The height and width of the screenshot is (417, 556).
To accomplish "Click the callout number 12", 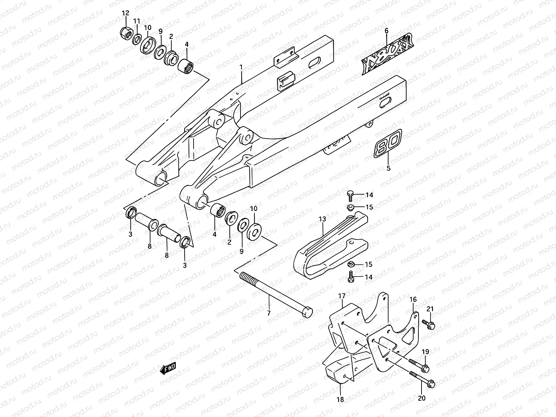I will click(x=125, y=13).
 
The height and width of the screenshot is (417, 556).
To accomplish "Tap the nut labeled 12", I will click(x=126, y=34).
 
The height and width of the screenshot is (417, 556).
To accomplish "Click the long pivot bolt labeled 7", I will click(x=275, y=293).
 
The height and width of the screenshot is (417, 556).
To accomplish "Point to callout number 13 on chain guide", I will click(x=322, y=219).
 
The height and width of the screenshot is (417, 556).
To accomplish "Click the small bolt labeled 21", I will click(x=429, y=325).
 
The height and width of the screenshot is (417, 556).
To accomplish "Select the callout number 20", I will click(x=422, y=398).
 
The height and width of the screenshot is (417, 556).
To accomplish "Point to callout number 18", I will click(x=341, y=400).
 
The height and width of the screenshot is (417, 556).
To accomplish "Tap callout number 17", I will click(x=342, y=296).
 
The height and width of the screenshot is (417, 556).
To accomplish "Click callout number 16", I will click(x=413, y=300).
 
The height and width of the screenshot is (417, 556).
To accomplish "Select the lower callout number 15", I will click(x=369, y=264).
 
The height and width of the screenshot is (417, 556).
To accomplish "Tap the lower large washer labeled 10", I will click(x=254, y=232).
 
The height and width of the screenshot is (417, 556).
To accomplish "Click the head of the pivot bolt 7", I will click(x=307, y=312).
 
